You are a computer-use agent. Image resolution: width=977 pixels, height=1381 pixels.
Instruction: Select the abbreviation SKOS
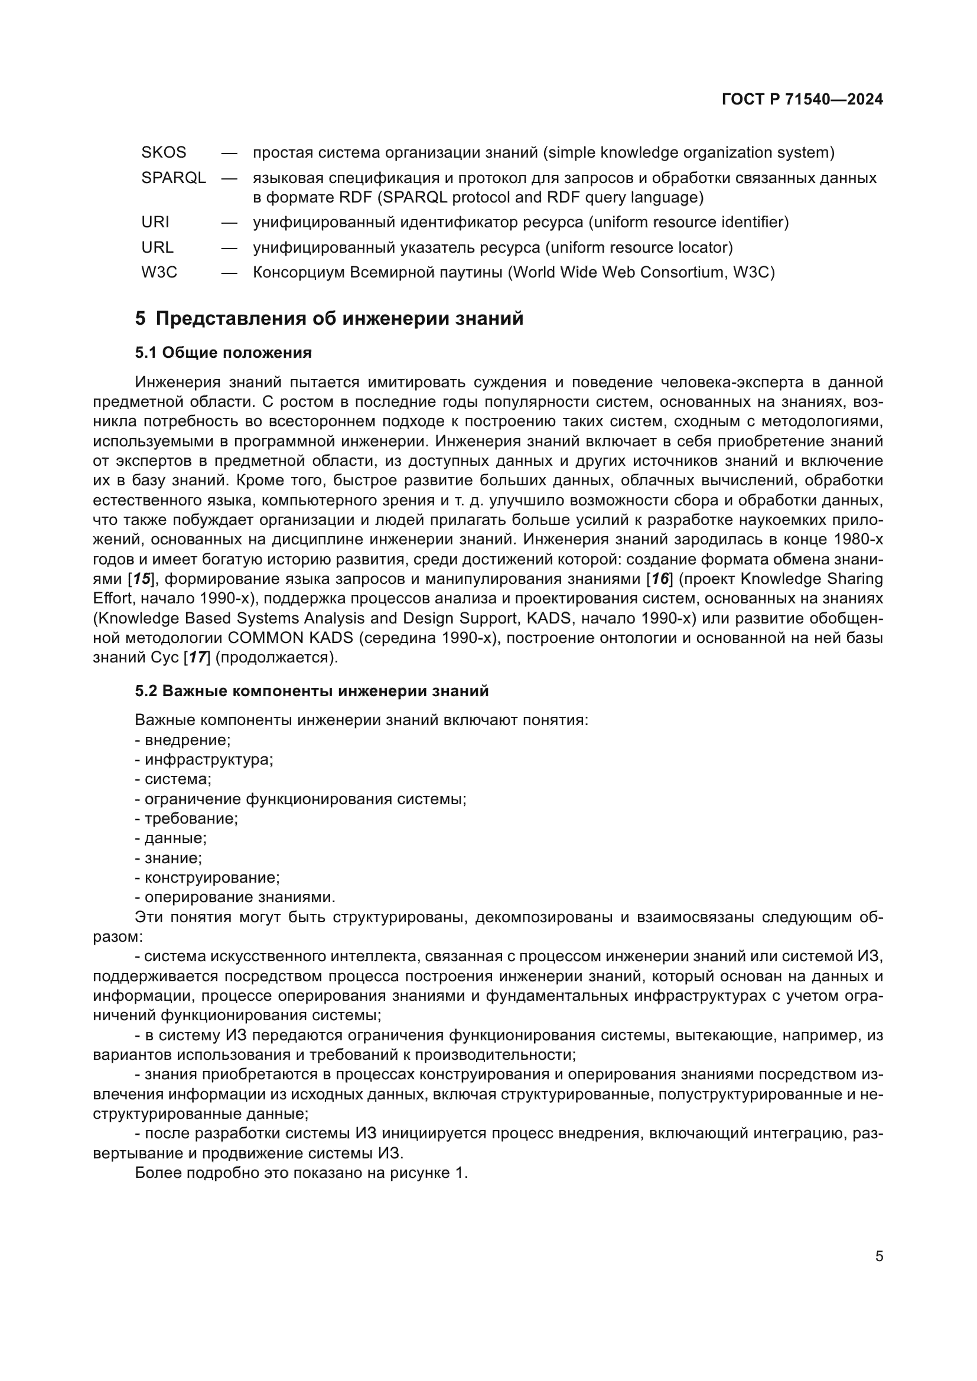point(164,153)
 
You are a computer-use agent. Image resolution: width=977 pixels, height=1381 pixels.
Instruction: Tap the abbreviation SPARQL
point(173,178)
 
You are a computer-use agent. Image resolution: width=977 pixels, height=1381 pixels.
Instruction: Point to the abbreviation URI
point(155,223)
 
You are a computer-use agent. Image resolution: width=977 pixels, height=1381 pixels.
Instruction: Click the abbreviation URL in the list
point(157,248)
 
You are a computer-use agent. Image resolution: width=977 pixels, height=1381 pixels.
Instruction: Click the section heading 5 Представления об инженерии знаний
point(329,319)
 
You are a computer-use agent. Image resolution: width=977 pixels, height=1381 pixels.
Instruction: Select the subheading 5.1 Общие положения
point(223,353)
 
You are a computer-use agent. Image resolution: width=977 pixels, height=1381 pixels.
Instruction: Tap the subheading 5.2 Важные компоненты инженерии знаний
point(312,691)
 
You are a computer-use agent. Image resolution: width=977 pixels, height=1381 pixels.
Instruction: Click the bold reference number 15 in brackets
point(141,579)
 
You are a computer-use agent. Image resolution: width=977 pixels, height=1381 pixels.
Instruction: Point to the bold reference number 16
point(660,579)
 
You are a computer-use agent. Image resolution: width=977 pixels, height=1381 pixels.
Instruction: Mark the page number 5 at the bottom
point(879,1256)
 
